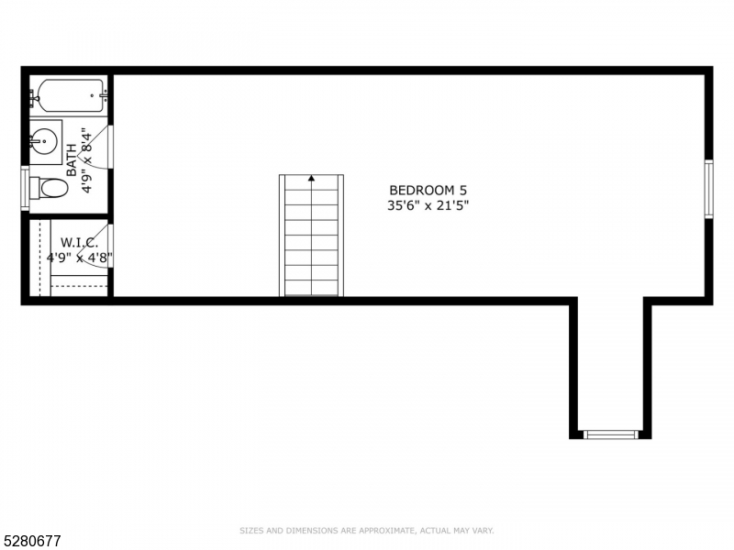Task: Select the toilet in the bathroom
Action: pyautogui.click(x=50, y=188)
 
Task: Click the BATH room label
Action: pyautogui.click(x=72, y=159)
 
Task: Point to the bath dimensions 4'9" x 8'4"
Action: pyautogui.click(x=87, y=159)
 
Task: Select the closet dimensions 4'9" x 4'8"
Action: pyautogui.click(x=79, y=258)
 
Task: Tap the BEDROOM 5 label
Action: pyautogui.click(x=420, y=190)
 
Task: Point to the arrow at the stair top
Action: pyautogui.click(x=311, y=179)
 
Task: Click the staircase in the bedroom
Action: pyautogui.click(x=311, y=236)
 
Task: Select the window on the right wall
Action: pyautogui.click(x=708, y=189)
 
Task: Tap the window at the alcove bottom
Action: pyautogui.click(x=610, y=434)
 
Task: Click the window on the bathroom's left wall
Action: pyautogui.click(x=25, y=188)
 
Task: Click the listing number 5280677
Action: pyautogui.click(x=31, y=541)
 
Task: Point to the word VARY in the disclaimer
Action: pyautogui.click(x=484, y=530)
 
